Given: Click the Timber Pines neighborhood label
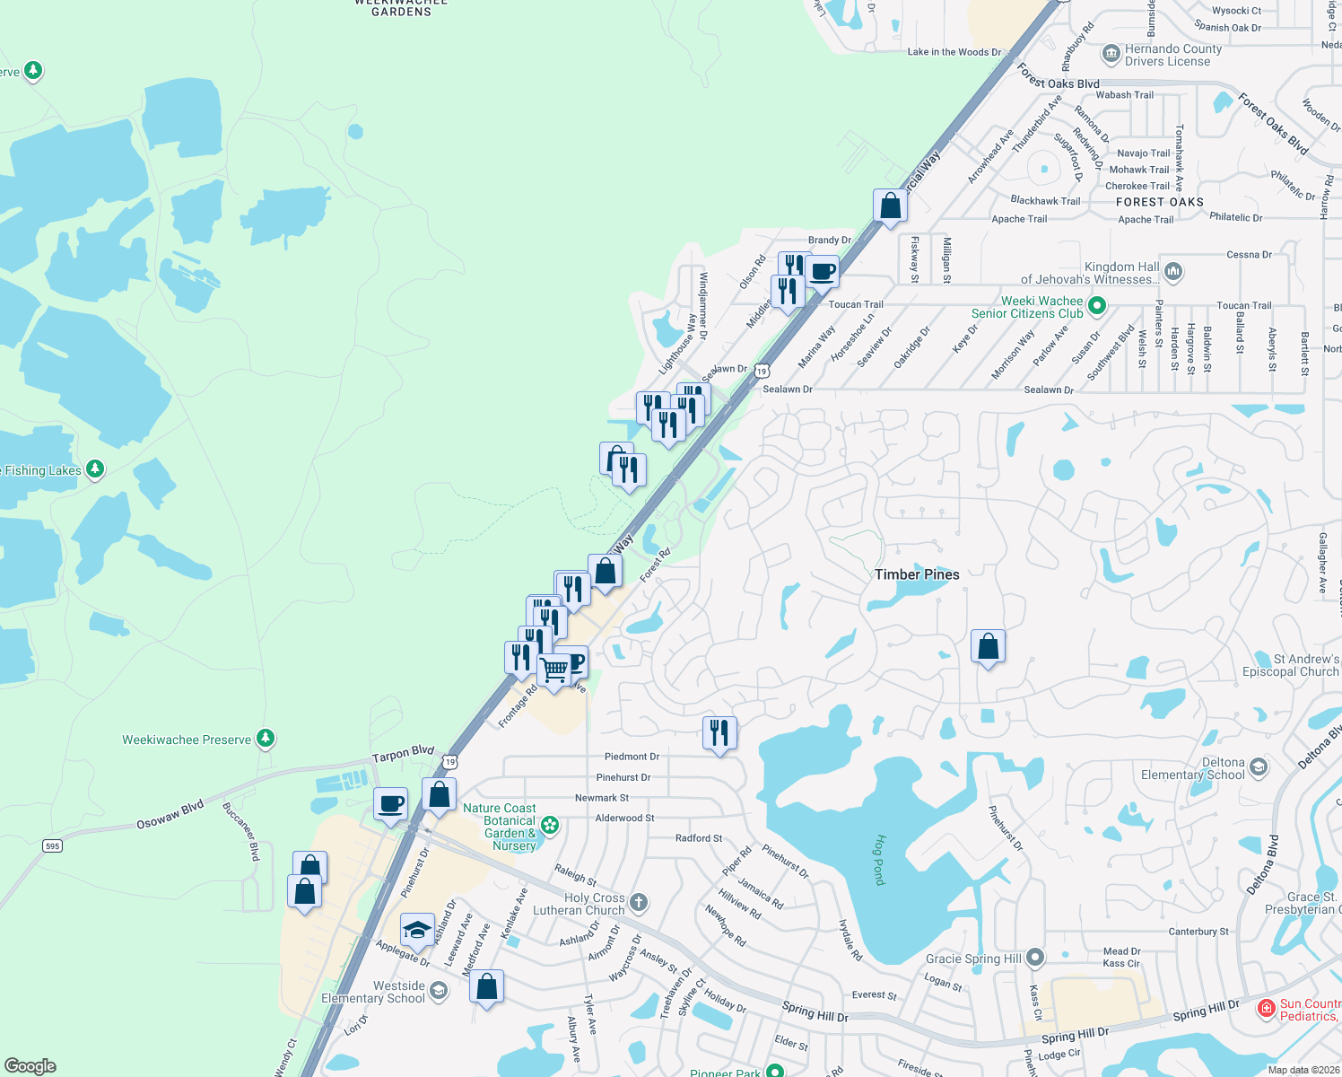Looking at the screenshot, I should pos(917,574).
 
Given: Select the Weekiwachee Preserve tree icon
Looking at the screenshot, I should pos(265,739).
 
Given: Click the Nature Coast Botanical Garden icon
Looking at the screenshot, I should pos(550,824).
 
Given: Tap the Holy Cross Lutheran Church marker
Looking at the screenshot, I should pos(639,902).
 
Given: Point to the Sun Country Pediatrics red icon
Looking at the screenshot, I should pos(1266,1009).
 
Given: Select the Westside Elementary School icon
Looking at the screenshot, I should pos(439,990).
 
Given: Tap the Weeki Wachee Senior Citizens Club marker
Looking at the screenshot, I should pos(1096,307).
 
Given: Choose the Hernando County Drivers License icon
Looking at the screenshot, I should pos(1111,54).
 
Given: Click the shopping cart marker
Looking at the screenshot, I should pos(554,670).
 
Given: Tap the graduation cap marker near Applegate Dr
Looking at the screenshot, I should pos(417,931).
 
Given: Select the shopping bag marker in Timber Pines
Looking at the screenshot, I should pos(988,646).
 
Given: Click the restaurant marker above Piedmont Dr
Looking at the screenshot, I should pos(719,733).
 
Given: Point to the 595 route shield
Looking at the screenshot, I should pos(53,845).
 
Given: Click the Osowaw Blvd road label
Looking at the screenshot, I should pos(170,814).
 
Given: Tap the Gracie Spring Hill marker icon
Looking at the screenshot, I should pos(1035,958).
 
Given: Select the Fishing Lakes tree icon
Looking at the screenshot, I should pos(95,469).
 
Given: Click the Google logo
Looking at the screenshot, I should pos(30,1065).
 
